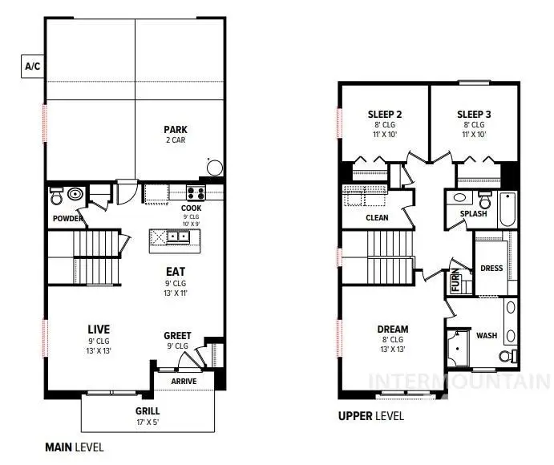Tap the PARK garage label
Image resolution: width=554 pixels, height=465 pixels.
pyautogui.click(x=176, y=129)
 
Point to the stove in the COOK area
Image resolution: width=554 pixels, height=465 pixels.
pyautogui.click(x=195, y=192)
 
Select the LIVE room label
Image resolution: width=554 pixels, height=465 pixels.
pyautogui.click(x=99, y=329)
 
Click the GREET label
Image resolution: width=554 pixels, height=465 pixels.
pyautogui.click(x=177, y=335)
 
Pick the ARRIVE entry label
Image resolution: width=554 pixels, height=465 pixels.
pyautogui.click(x=184, y=380)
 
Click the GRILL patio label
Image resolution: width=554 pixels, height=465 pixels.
pyautogui.click(x=147, y=410)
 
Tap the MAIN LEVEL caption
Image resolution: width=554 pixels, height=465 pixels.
pyautogui.click(x=74, y=447)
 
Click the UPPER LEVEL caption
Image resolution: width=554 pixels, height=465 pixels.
pyautogui.click(x=371, y=416)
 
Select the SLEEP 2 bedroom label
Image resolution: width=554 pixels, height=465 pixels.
pyautogui.click(x=385, y=114)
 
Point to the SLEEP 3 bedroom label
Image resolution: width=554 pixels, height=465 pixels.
pyautogui.click(x=474, y=114)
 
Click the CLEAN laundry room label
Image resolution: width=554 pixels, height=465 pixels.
pyautogui.click(x=377, y=216)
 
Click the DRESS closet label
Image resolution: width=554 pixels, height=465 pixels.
pyautogui.click(x=491, y=268)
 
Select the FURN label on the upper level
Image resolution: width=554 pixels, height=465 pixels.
pyautogui.click(x=455, y=281)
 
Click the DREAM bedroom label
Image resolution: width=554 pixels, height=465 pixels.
pyautogui.click(x=393, y=329)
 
